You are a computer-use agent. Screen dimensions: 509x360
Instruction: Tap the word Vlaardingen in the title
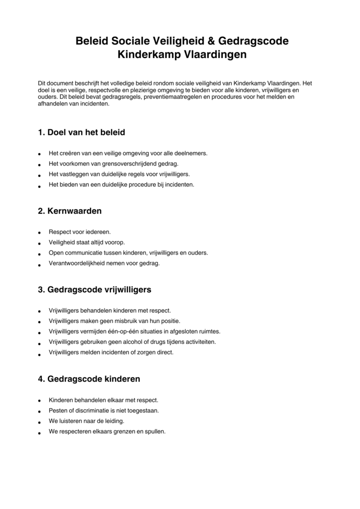click(215, 55)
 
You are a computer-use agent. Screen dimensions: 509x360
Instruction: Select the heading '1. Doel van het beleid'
click(81, 133)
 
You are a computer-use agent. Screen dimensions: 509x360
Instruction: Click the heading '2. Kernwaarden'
click(70, 211)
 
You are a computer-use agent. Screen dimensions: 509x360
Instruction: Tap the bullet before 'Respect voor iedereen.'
click(39, 233)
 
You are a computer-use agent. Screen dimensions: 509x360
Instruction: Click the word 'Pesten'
click(57, 411)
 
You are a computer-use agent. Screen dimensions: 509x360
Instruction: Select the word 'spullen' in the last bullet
click(154, 431)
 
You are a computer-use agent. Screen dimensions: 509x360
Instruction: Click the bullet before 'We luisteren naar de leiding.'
click(39, 422)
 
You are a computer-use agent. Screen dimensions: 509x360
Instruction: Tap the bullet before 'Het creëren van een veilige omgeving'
click(39, 154)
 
